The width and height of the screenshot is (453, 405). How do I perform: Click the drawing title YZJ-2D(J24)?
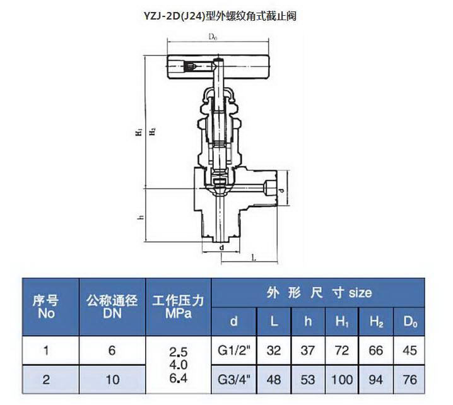pyautogui.click(x=175, y=16)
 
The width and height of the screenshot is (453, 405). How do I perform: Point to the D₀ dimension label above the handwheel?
pyautogui.click(x=213, y=37)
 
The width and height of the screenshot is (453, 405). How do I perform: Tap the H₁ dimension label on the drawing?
pyautogui.click(x=139, y=132)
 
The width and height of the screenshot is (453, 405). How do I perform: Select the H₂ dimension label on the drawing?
pyautogui.click(x=152, y=132)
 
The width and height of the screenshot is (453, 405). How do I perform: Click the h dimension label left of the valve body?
pyautogui.click(x=141, y=216)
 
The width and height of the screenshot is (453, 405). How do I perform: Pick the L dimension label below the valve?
pyautogui.click(x=254, y=257)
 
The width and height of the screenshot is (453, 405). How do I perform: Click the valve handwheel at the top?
pyautogui.click(x=218, y=67)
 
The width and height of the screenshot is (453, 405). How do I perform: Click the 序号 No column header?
pyautogui.click(x=46, y=307)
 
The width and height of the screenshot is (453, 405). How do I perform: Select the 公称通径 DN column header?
pyautogui.click(x=112, y=307)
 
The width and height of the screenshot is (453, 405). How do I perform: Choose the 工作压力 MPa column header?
pyautogui.click(x=179, y=307)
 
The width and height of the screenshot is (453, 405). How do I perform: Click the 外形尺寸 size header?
pyautogui.click(x=319, y=293)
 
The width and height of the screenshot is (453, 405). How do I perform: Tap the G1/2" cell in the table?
pyautogui.click(x=233, y=350)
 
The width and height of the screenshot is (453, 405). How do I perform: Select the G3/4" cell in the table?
pyautogui.click(x=233, y=380)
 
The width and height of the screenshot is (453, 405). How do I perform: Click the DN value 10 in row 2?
pyautogui.click(x=112, y=380)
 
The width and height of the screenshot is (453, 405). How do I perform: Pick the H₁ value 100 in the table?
pyautogui.click(x=342, y=380)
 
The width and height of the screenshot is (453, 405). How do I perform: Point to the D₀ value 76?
pyautogui.click(x=409, y=380)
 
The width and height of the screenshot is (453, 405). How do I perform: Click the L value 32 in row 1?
pyautogui.click(x=274, y=350)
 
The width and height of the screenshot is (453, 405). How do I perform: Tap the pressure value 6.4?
pyautogui.click(x=179, y=378)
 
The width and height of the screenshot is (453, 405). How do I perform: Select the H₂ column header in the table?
pyautogui.click(x=376, y=321)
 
